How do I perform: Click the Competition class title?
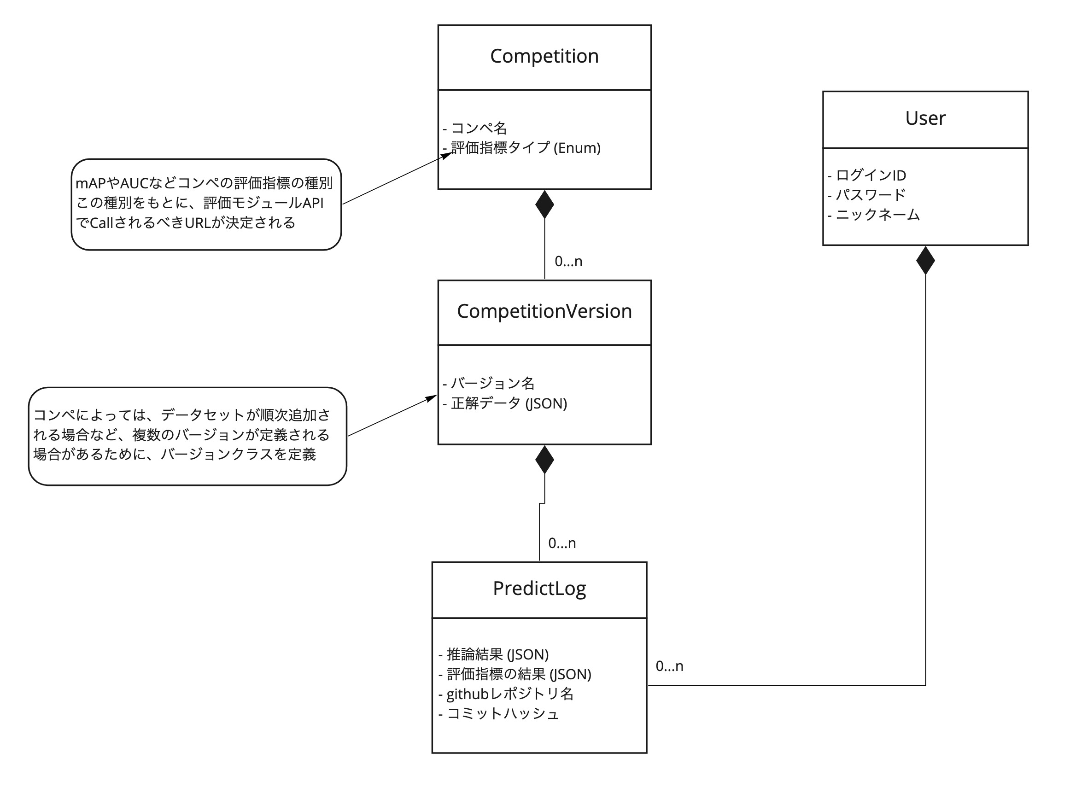coord(544,56)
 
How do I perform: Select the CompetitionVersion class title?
coord(544,311)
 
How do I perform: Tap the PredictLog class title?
coord(539,588)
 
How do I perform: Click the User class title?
coord(925,118)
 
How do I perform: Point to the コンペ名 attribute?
coord(479,128)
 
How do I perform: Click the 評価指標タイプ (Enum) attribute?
coord(525,148)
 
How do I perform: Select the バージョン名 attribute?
coord(492,383)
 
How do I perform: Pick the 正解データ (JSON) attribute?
coord(509,403)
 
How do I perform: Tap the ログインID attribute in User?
coord(870,175)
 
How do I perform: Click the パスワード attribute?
coord(870,195)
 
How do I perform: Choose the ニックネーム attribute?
coord(877,215)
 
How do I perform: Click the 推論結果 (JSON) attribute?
coord(497,654)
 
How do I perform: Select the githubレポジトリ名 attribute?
coord(509,694)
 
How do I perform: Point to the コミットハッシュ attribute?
coord(502,713)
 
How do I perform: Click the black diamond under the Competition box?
coord(544,204)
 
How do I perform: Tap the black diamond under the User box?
coord(925,261)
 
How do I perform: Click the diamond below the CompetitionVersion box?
coord(544,460)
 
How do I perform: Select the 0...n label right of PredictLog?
coord(669,666)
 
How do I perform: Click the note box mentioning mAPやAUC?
coord(206,204)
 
